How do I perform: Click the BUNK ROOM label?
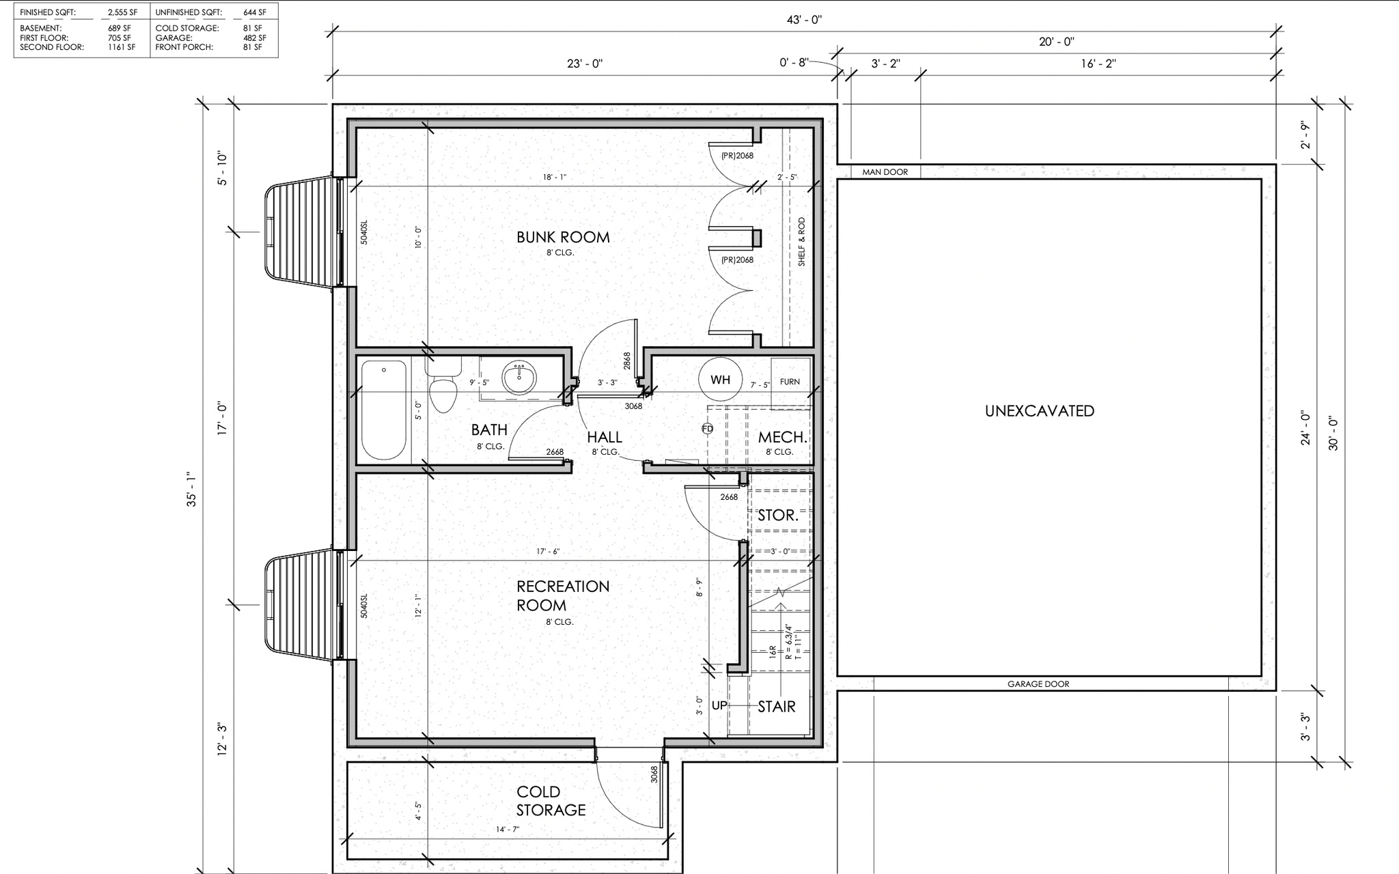click(x=563, y=237)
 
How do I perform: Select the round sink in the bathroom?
click(x=520, y=378)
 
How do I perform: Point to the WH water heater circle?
click(x=720, y=380)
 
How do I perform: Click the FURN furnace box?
click(x=790, y=383)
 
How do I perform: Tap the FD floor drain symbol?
click(x=707, y=429)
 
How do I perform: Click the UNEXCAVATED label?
click(x=1039, y=411)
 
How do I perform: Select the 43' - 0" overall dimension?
click(x=804, y=20)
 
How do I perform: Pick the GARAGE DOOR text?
click(x=1038, y=684)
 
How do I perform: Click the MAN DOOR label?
click(x=885, y=172)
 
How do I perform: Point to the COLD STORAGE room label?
click(x=551, y=801)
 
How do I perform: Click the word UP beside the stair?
click(x=719, y=705)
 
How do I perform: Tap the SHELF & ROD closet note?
click(x=801, y=242)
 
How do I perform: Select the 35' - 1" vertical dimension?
click(x=192, y=490)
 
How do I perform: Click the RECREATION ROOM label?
click(x=563, y=595)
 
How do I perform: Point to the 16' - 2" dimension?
click(x=1098, y=64)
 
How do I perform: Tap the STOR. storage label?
click(x=778, y=516)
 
